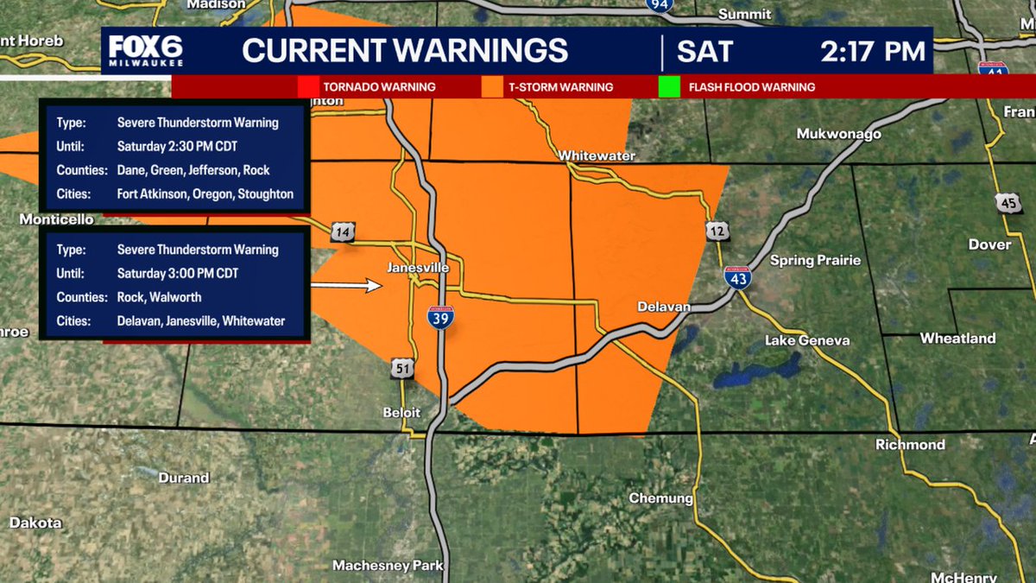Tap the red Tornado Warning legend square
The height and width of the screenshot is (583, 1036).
(x=308, y=87)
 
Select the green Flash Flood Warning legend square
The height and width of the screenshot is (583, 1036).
(x=669, y=87)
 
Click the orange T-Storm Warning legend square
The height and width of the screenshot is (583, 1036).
(x=493, y=87)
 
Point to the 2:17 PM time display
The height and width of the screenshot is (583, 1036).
(x=872, y=51)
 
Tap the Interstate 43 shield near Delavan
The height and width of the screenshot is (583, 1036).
(x=737, y=277)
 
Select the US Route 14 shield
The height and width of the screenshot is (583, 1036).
(x=342, y=231)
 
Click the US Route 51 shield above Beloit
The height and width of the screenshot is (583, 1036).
(x=401, y=367)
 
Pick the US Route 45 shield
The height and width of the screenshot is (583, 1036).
(x=1007, y=203)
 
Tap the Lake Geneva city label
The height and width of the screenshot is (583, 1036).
(x=806, y=341)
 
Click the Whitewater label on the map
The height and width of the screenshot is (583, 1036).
(x=597, y=156)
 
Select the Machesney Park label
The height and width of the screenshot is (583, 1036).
(x=388, y=566)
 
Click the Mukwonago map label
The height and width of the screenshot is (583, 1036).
(x=838, y=134)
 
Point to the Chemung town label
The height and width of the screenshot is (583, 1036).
(x=660, y=498)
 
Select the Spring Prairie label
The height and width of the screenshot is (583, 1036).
(x=815, y=260)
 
